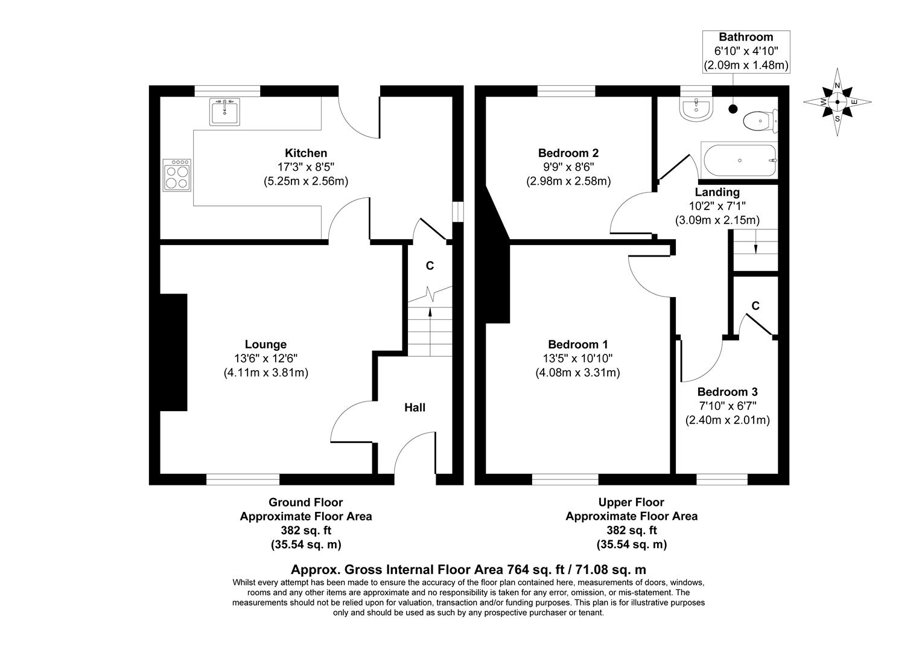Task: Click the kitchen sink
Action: pos(224,112)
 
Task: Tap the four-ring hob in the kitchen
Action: pos(177,175)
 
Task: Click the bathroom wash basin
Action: pos(697,109)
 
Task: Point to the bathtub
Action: pos(740,161)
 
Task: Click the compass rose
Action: pos(837,102)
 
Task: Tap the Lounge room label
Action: pos(265,344)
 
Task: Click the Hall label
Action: pos(415,407)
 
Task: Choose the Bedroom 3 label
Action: pos(727,392)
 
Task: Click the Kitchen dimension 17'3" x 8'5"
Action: pos(306,167)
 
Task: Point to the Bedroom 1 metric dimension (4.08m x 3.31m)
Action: pos(577,372)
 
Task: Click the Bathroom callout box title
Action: pos(746,37)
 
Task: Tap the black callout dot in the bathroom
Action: pos(733,109)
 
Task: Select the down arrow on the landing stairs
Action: pos(756,248)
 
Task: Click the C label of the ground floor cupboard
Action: pos(430,266)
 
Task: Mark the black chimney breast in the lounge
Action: pos(174,353)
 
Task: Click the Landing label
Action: pos(717,192)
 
